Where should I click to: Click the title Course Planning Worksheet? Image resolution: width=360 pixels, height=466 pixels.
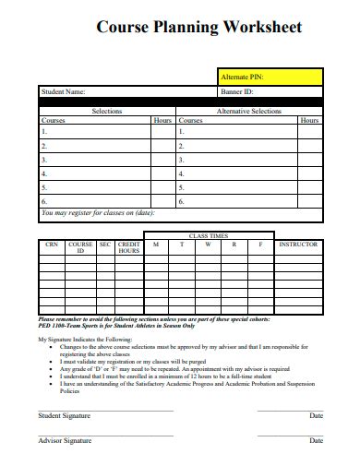tap(198, 28)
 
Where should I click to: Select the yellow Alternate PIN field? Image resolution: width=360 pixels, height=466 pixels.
tap(270, 77)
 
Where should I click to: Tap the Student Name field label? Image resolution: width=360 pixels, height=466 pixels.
tap(63, 92)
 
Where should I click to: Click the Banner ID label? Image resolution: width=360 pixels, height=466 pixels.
tap(237, 92)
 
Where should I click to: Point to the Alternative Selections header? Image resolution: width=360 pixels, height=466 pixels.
tap(248, 111)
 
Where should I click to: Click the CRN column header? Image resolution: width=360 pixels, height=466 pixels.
tap(52, 245)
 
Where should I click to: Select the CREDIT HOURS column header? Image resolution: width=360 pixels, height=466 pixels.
tap(128, 247)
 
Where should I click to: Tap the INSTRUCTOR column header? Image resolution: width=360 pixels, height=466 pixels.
tap(298, 245)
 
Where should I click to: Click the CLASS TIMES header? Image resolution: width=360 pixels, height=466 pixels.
tap(208, 236)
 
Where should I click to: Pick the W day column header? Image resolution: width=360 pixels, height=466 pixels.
tap(208, 245)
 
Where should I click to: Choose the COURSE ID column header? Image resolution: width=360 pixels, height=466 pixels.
tap(80, 247)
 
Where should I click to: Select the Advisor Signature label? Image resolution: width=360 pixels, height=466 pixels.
tap(65, 441)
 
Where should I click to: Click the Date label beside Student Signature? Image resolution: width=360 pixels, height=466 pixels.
tap(316, 416)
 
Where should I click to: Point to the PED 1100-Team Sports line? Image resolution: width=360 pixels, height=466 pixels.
tap(115, 326)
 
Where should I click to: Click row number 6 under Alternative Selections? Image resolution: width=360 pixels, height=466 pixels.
tap(182, 200)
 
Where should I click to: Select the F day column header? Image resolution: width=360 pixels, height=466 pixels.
tap(260, 245)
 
